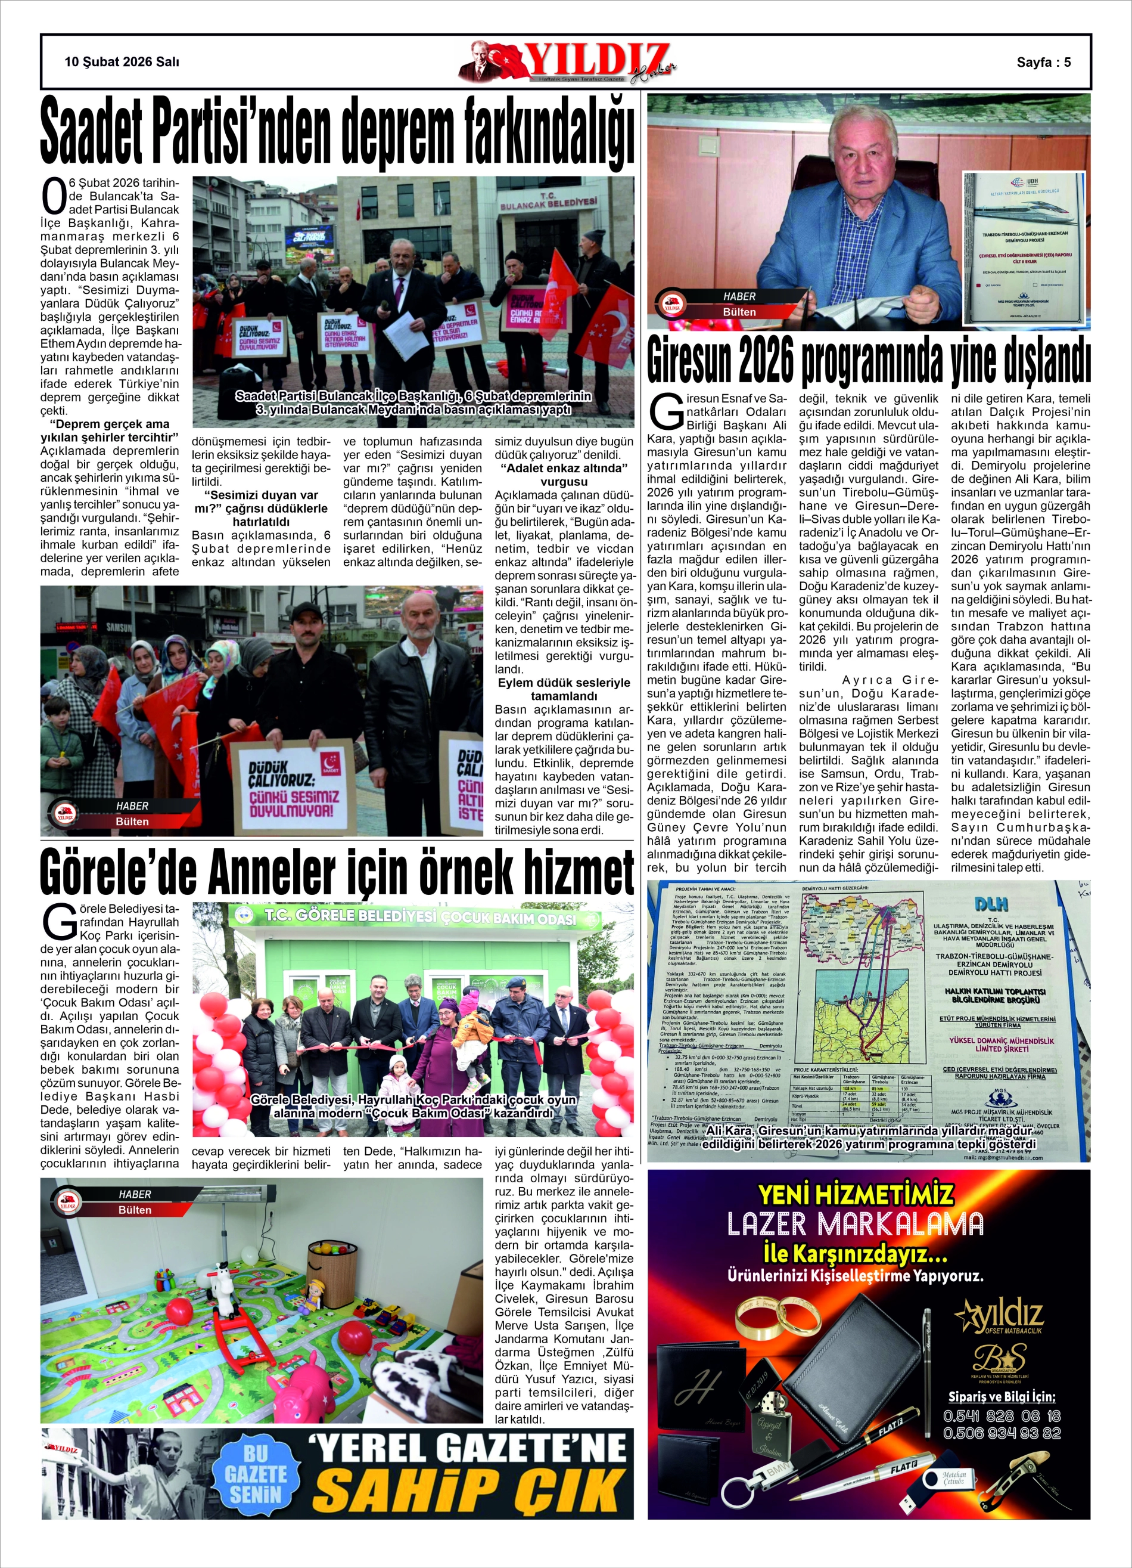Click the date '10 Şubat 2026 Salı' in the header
point(122,61)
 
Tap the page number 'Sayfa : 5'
point(1043,62)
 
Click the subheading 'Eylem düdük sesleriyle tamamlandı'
point(564,689)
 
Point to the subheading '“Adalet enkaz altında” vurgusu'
point(564,474)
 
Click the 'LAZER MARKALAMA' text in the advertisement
point(855,1224)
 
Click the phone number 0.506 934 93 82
point(1002,1433)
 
